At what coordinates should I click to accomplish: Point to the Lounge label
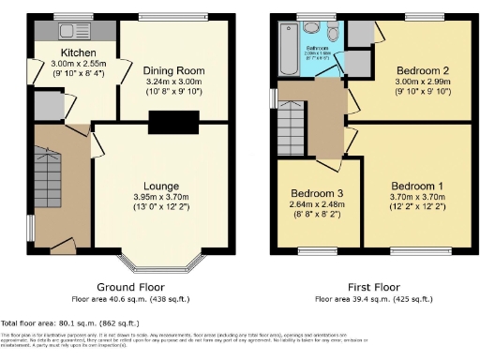pyautogui.click(x=160, y=186)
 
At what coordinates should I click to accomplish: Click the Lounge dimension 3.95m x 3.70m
pyautogui.click(x=160, y=197)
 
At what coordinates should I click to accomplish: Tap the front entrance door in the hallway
pyautogui.click(x=63, y=245)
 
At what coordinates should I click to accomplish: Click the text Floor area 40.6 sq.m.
pyautogui.click(x=130, y=299)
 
